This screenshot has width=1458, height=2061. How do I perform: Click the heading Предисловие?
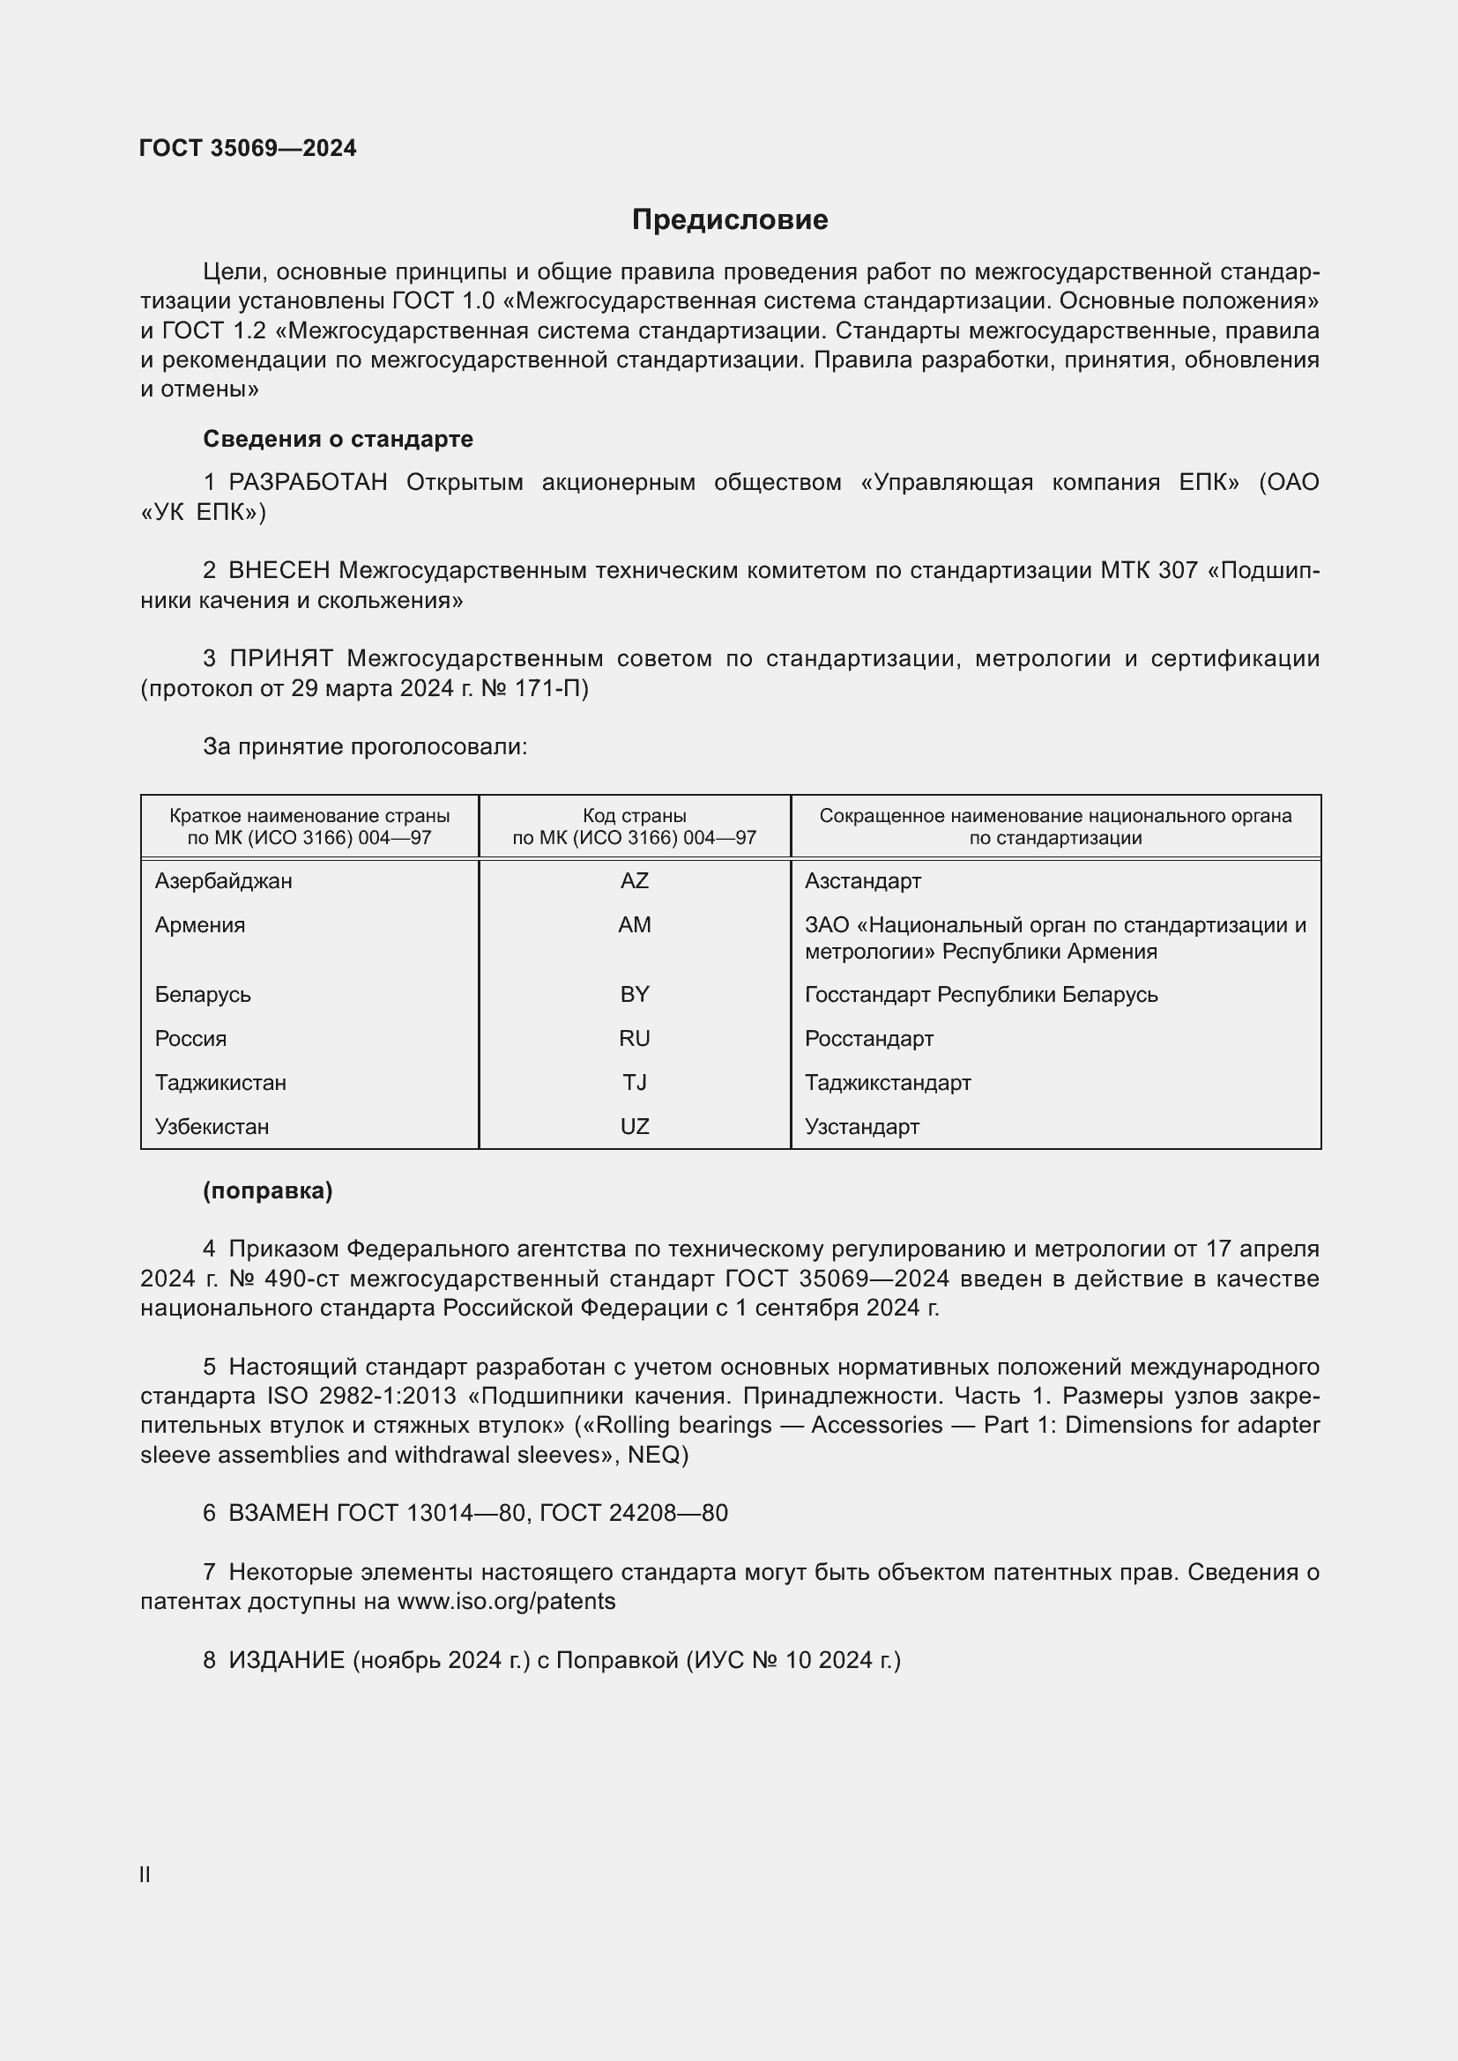pos(729,220)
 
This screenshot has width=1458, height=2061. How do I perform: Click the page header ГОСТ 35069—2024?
pos(248,148)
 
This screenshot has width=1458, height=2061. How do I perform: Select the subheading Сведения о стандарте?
pos(338,439)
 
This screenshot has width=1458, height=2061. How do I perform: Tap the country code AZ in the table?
pos(634,880)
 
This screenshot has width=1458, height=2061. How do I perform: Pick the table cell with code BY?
pos(634,995)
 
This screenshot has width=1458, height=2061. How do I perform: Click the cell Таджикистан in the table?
pos(221,1083)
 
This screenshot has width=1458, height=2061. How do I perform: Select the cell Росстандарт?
pos(869,1039)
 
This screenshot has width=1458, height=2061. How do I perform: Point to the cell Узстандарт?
pos(862,1127)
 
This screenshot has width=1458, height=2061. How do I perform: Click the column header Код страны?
pos(634,816)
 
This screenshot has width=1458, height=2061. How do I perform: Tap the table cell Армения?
pos(199,924)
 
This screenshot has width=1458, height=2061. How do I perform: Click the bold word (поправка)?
pos(268,1191)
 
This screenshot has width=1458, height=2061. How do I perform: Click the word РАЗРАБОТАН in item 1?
pos(308,483)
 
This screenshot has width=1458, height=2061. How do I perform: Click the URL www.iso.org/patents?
pos(506,1601)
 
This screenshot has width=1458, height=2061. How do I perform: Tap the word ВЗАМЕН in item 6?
pos(279,1514)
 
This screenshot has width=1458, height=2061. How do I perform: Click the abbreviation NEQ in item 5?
pos(652,1455)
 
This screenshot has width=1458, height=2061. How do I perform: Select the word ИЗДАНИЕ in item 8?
pos(286,1661)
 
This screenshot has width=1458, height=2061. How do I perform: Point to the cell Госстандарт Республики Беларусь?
pos(981,995)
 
